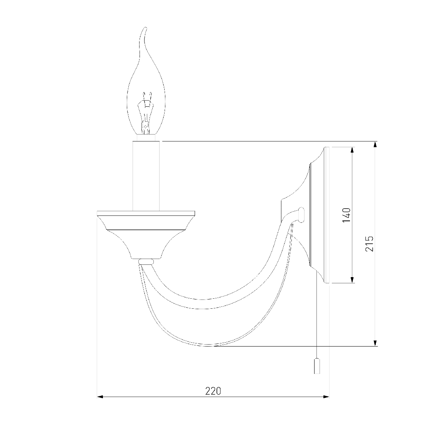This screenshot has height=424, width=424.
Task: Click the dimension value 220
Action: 213,391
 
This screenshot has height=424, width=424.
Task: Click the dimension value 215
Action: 369,244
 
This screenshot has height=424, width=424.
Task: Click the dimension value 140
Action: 347,215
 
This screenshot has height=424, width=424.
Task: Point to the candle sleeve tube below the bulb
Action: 146,175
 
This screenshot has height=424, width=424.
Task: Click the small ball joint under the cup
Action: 146,262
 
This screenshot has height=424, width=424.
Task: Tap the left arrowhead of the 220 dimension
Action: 100,397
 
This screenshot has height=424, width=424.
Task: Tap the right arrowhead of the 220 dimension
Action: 326,397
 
